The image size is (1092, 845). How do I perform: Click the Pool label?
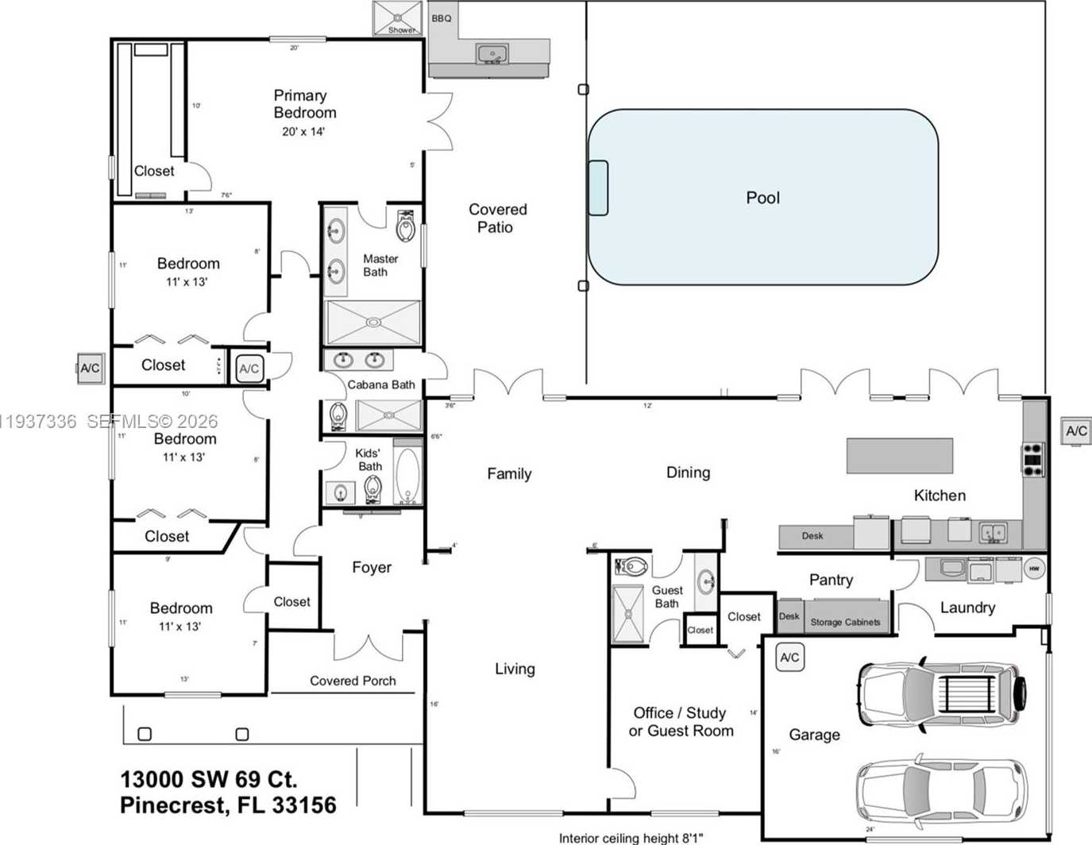pyautogui.click(x=762, y=198)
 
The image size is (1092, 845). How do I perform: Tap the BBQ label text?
pyautogui.click(x=442, y=18)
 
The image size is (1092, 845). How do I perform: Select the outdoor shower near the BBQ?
pyautogui.click(x=398, y=17)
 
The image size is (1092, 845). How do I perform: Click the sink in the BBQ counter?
pyautogui.click(x=492, y=54)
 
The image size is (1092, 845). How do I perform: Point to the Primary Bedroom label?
pyautogui.click(x=304, y=104)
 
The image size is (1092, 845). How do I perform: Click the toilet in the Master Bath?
pyautogui.click(x=406, y=226)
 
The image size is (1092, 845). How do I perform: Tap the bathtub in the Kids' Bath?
pyautogui.click(x=407, y=476)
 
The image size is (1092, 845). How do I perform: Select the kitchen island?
pyautogui.click(x=899, y=456)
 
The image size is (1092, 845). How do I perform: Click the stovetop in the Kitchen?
pyautogui.click(x=1032, y=460)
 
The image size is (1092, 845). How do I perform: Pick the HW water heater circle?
pyautogui.click(x=1034, y=569)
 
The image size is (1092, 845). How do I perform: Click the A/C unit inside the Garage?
pyautogui.click(x=789, y=658)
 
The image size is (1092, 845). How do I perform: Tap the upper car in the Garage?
pyautogui.click(x=942, y=693)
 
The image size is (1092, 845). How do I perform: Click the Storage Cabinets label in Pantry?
pyautogui.click(x=845, y=622)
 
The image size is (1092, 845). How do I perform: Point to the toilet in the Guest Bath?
pyautogui.click(x=633, y=567)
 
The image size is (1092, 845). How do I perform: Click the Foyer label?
pyautogui.click(x=372, y=567)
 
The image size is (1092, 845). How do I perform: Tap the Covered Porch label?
pyautogui.click(x=353, y=681)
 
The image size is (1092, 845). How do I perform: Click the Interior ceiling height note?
pyautogui.click(x=631, y=838)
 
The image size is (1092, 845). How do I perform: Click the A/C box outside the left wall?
pyautogui.click(x=91, y=368)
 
